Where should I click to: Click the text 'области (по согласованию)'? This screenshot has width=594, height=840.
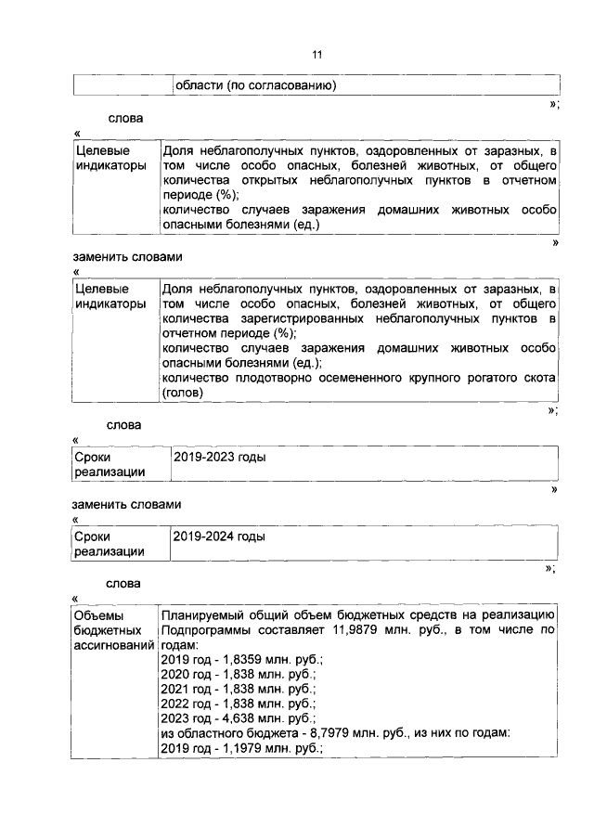point(254,85)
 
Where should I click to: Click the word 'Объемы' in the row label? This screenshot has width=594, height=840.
point(98,615)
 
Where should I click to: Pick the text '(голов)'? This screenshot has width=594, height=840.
point(183,393)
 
